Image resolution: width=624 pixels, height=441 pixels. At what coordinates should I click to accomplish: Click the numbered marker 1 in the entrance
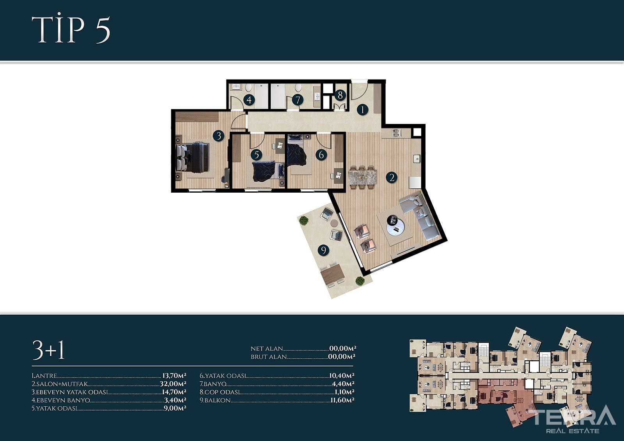pyautogui.click(x=362, y=110)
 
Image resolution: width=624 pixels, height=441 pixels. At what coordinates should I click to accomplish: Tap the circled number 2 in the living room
pyautogui.click(x=392, y=177)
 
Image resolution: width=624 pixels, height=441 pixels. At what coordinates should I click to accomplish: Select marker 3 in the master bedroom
pyautogui.click(x=219, y=136)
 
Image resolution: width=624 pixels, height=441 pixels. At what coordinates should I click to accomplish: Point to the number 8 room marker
pyautogui.click(x=340, y=95)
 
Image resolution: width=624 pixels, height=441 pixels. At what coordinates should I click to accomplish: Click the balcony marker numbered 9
pyautogui.click(x=323, y=250)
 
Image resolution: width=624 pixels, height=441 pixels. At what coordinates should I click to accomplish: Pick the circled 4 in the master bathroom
pyautogui.click(x=249, y=100)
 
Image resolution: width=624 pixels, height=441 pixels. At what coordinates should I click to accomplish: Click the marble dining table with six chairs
pyautogui.click(x=362, y=178)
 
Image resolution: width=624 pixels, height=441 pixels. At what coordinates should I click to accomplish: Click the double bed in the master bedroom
pyautogui.click(x=192, y=158)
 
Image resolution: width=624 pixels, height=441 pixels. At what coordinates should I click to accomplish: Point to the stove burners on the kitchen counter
pyautogui.click(x=396, y=133)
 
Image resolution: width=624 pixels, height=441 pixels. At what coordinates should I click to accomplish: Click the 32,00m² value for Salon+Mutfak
pyautogui.click(x=173, y=384)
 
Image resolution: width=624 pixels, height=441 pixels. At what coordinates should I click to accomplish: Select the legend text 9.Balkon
pyautogui.click(x=215, y=400)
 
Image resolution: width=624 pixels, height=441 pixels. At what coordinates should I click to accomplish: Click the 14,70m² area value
pyautogui.click(x=174, y=392)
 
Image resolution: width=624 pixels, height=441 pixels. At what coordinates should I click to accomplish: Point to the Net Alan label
pyautogui.click(x=267, y=349)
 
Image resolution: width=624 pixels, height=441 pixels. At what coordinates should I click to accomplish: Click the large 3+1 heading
pyautogui.click(x=48, y=350)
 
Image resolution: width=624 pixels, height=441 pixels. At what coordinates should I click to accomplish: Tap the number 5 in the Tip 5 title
pyautogui.click(x=103, y=30)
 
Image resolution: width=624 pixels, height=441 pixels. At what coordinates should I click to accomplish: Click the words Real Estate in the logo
pyautogui.click(x=573, y=431)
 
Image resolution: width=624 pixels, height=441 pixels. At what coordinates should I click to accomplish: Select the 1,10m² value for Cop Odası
pyautogui.click(x=344, y=392)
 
